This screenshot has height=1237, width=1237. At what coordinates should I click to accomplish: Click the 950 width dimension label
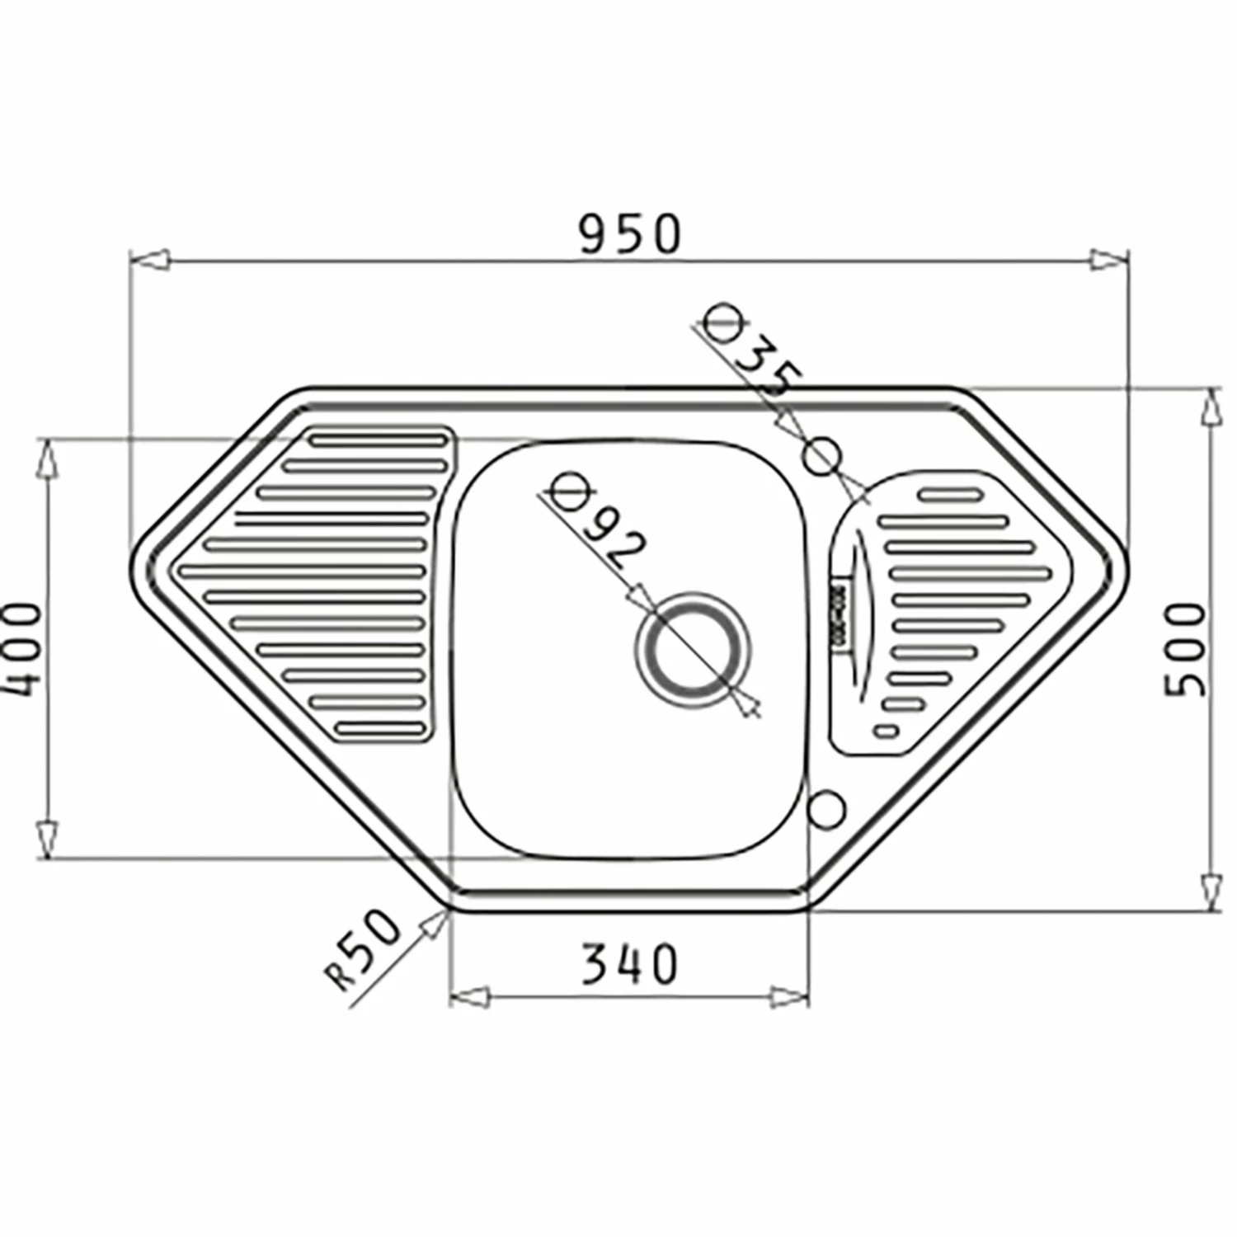click(x=630, y=233)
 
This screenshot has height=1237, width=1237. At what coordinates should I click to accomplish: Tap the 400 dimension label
click(x=23, y=649)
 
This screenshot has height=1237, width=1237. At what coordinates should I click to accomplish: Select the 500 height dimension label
click(x=1185, y=649)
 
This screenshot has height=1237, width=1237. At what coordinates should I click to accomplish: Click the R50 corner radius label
click(x=363, y=948)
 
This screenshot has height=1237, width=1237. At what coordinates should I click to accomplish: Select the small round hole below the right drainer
click(x=826, y=808)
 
